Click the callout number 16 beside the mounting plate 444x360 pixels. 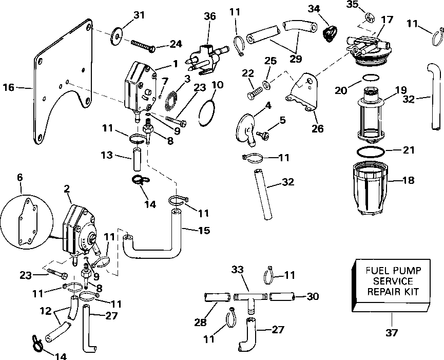click(9, 87)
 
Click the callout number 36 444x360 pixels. click(210, 16)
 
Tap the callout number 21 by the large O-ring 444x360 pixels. click(408, 150)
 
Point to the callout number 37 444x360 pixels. click(392, 333)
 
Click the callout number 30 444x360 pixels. click(313, 296)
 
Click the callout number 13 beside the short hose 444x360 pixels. click(107, 155)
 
